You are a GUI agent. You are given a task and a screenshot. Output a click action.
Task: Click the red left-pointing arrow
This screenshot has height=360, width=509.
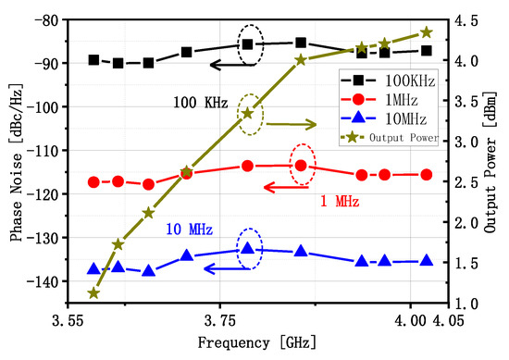pos(292,187)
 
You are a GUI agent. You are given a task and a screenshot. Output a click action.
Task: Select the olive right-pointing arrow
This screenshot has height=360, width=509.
pos(295,124)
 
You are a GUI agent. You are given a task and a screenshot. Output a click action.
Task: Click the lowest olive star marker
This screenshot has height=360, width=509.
pos(93,292)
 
